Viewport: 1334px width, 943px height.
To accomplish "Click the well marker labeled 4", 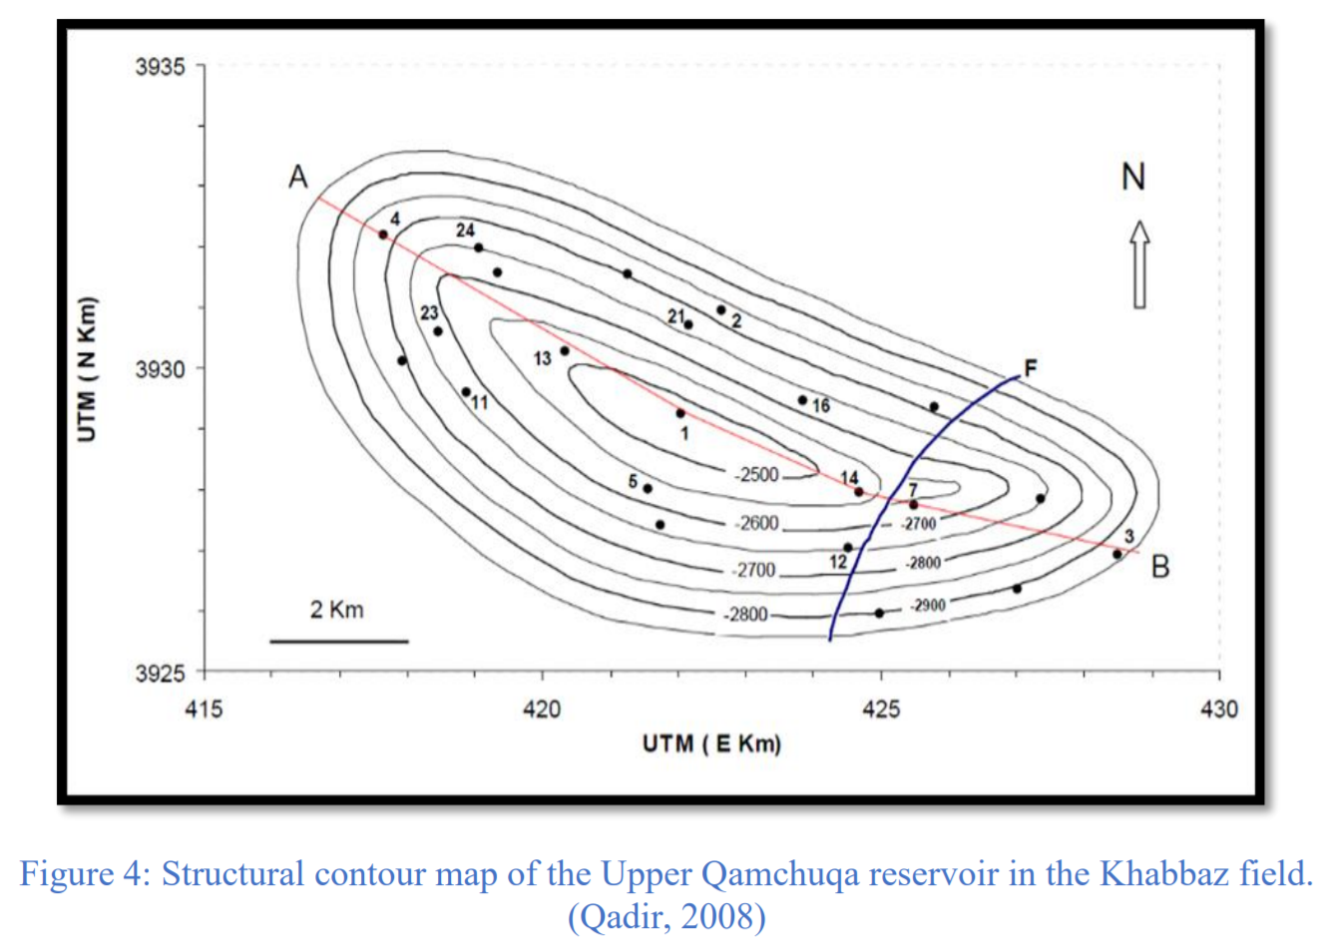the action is click(383, 235).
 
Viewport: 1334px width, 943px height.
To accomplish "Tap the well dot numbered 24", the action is click(478, 247).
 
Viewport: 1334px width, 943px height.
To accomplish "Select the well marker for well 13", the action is click(565, 351).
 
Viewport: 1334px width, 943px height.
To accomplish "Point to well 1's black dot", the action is click(680, 413).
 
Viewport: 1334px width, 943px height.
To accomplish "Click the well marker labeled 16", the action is click(802, 400).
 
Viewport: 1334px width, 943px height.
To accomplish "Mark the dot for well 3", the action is click(1117, 555).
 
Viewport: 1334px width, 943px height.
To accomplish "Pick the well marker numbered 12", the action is click(848, 548).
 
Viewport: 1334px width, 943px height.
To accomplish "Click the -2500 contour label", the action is click(756, 475).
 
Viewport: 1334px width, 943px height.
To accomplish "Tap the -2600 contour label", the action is click(756, 523).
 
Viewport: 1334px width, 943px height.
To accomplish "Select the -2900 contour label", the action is click(927, 606).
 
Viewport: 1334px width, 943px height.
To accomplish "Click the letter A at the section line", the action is click(298, 177).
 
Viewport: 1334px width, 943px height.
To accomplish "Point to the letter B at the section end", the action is click(1160, 567).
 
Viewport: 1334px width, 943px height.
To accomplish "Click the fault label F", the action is click(1031, 367).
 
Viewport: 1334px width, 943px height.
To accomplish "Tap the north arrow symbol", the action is click(1139, 264).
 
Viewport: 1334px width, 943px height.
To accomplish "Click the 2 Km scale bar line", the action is click(339, 642).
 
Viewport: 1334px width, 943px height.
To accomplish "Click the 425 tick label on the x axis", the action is click(881, 708).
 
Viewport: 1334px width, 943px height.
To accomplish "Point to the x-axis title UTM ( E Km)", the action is click(711, 744).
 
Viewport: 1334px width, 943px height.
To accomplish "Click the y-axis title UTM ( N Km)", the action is click(87, 369).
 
